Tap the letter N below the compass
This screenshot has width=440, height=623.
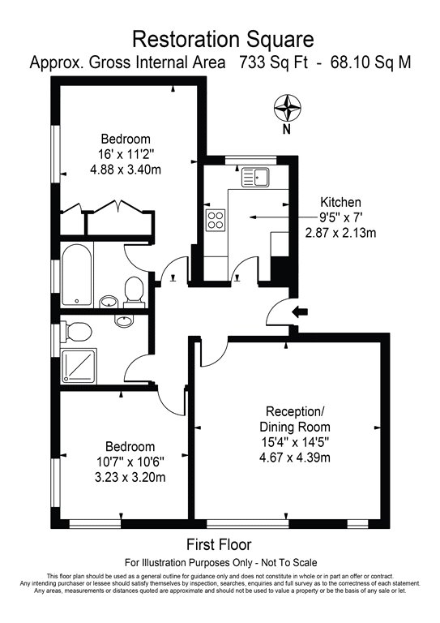pos(286,128)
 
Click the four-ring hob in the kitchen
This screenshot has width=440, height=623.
pos(217,219)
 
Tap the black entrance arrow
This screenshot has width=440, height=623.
pos(300,311)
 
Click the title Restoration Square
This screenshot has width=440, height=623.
pos(220,38)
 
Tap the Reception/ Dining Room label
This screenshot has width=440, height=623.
pos(295,419)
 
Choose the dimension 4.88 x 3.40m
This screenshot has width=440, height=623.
pos(126,170)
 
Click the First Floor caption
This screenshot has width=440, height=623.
pos(220,544)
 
